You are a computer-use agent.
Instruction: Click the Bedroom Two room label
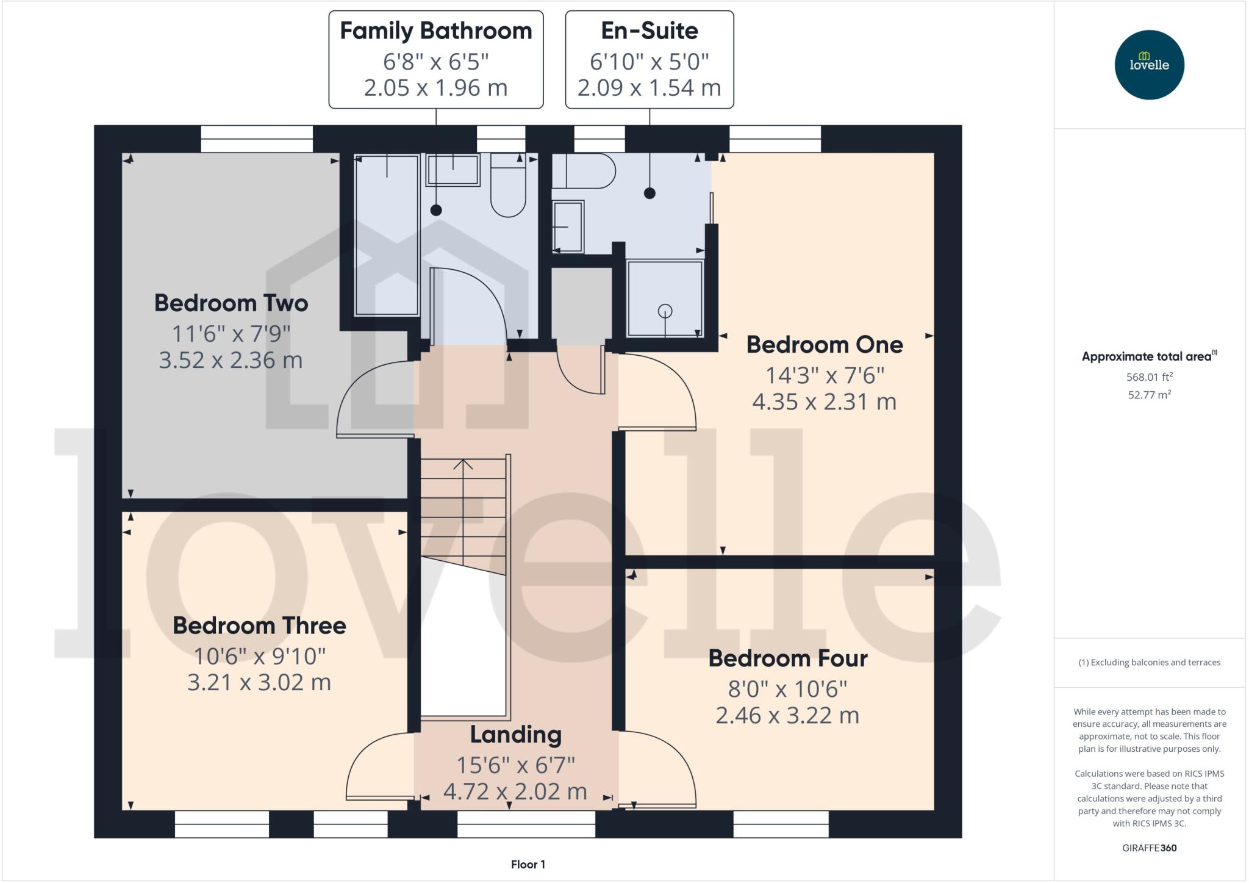click(x=231, y=303)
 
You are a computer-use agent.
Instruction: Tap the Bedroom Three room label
click(x=259, y=625)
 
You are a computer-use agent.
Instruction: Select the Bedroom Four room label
click(x=787, y=658)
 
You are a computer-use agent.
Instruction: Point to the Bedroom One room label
click(x=824, y=345)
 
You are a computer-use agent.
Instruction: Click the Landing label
click(x=515, y=735)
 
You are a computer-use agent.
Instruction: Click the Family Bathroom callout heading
click(x=435, y=31)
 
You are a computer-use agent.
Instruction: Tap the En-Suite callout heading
click(x=649, y=31)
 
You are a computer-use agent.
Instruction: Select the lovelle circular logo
click(x=1149, y=65)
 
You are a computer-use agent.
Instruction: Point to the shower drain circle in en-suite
click(x=665, y=311)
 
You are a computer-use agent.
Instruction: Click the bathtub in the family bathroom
click(x=387, y=235)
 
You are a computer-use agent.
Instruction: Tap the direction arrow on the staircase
click(x=463, y=466)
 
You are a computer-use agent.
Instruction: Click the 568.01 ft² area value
click(x=1149, y=377)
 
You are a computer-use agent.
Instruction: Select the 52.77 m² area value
click(x=1149, y=395)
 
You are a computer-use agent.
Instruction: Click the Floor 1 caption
click(x=528, y=865)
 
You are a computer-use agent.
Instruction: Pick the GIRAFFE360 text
click(x=1149, y=848)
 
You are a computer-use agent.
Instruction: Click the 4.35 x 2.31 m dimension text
click(x=824, y=402)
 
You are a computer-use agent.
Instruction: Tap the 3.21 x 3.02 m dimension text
click(x=259, y=682)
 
